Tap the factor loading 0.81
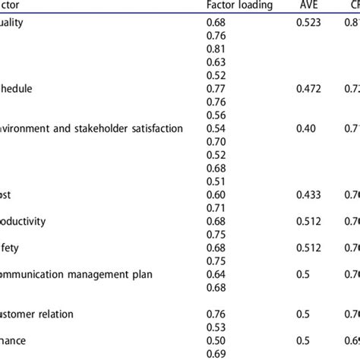click(x=216, y=71)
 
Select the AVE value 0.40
click(x=305, y=128)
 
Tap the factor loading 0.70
click(x=216, y=141)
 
